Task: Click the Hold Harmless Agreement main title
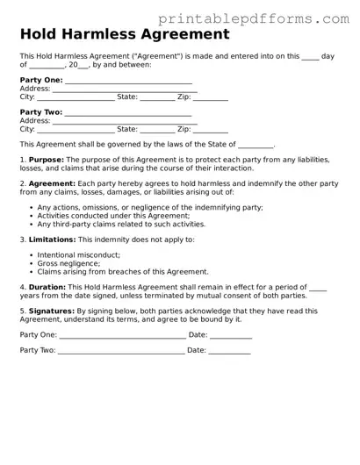125,35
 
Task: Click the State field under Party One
157,98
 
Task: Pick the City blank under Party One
76,98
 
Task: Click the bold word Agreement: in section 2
52,183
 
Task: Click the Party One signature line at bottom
122,336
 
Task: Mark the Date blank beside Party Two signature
229,352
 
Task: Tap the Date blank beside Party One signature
231,336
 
